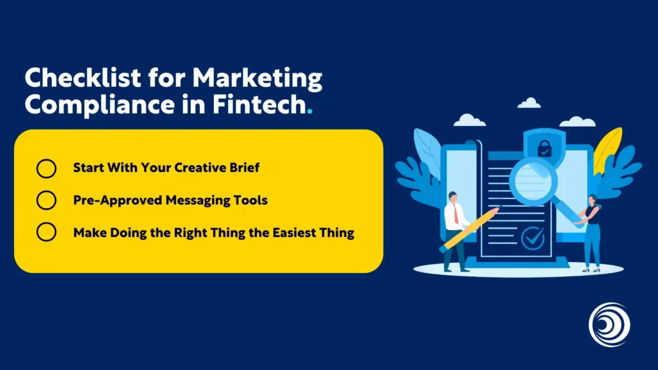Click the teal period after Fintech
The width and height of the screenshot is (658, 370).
pyautogui.click(x=310, y=110)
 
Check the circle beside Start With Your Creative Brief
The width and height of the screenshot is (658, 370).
pyautogui.click(x=46, y=168)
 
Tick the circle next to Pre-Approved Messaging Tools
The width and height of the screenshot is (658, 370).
pyautogui.click(x=46, y=200)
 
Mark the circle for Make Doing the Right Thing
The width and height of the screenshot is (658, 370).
pyautogui.click(x=46, y=232)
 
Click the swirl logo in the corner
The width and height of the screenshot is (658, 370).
pyautogui.click(x=609, y=324)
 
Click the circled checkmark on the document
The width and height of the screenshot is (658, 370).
pyautogui.click(x=533, y=238)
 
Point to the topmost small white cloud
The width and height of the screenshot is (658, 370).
pyautogui.click(x=529, y=103)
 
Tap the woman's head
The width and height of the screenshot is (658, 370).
pyautogui.click(x=591, y=200)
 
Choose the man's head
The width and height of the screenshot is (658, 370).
pyautogui.click(x=454, y=197)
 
